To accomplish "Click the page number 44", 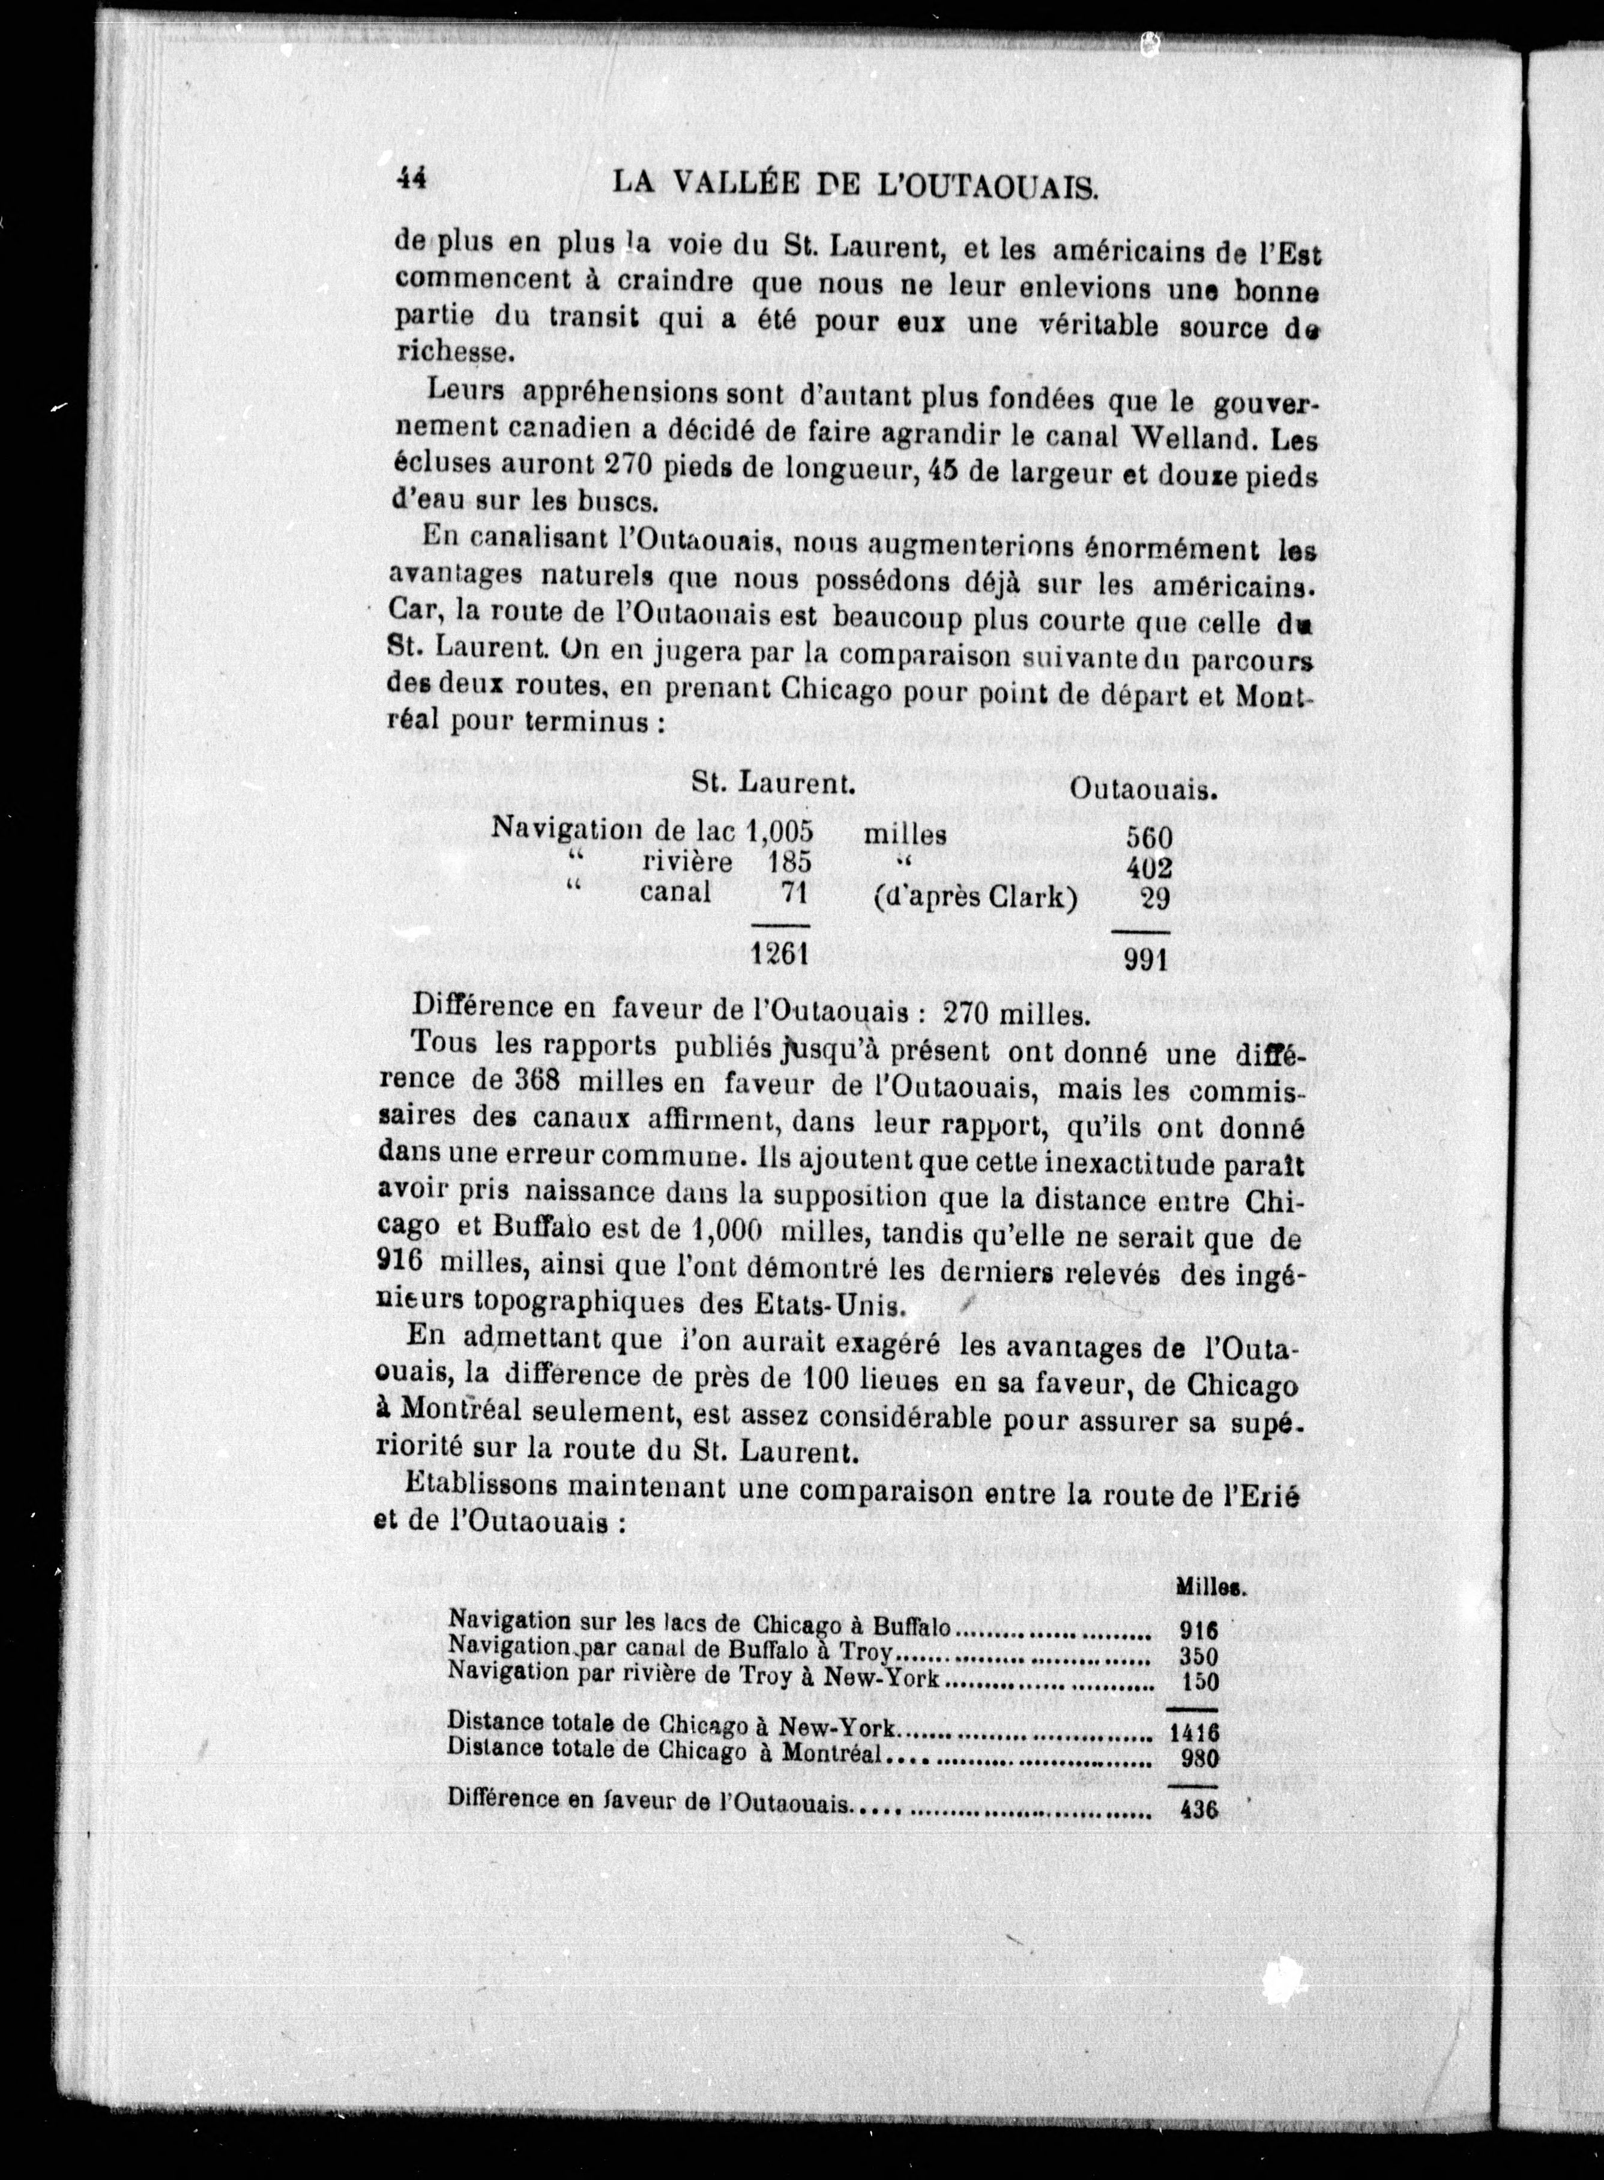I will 412,181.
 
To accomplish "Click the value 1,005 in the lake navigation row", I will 779,831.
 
